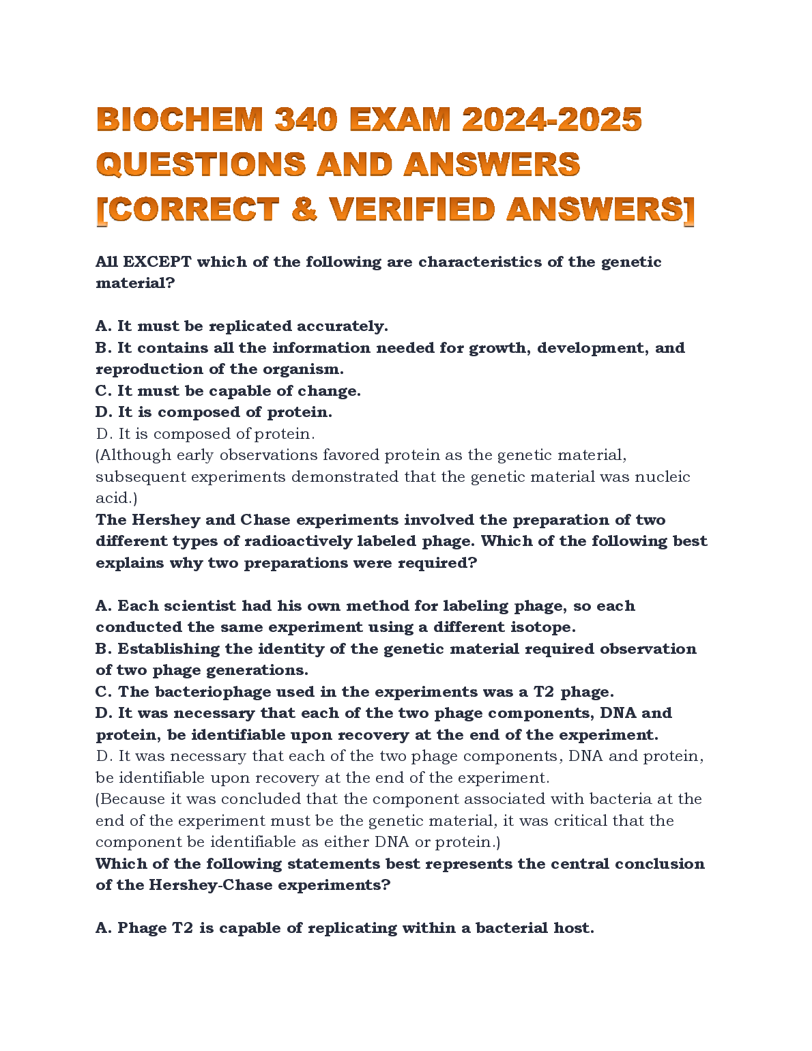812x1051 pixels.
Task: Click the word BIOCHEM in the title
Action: tap(179, 120)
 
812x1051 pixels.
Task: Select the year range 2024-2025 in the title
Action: tap(551, 120)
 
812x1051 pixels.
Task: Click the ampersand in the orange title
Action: tap(304, 210)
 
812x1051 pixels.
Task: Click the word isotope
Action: tap(542, 627)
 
